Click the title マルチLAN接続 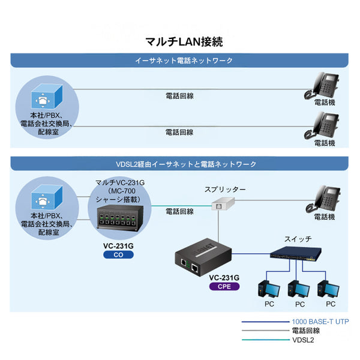pos(184,41)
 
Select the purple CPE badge pos(224,286)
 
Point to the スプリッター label pos(226,190)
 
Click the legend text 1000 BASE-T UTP pos(320,322)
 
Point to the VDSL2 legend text pos(304,340)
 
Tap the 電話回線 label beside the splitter pos(179,212)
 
